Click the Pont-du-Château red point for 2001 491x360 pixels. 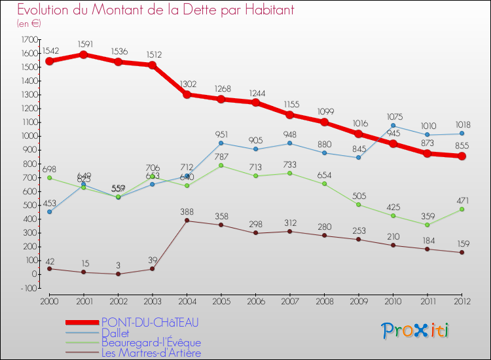84,54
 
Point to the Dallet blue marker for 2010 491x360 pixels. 393,125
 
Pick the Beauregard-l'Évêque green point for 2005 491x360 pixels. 221,165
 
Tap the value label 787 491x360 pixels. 221,155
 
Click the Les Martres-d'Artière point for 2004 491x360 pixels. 187,221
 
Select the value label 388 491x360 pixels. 187,211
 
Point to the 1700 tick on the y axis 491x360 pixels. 29,39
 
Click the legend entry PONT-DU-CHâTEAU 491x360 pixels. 150,322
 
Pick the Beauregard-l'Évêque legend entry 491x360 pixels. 151,343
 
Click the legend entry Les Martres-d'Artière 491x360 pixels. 150,353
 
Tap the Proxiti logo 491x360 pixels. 416,331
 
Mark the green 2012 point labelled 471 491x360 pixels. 462,209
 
